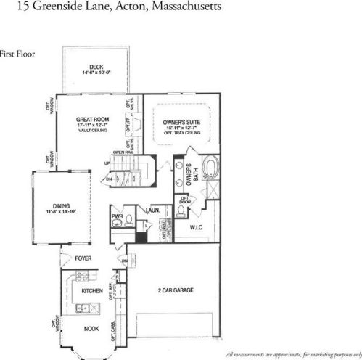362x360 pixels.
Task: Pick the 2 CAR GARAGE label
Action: click(x=176, y=290)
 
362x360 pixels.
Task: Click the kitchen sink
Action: click(x=96, y=308)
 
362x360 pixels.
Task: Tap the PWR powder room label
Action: click(x=116, y=216)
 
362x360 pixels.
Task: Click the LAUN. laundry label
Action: click(x=152, y=210)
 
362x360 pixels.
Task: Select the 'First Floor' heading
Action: click(x=17, y=53)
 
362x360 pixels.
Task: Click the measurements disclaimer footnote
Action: click(x=293, y=354)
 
